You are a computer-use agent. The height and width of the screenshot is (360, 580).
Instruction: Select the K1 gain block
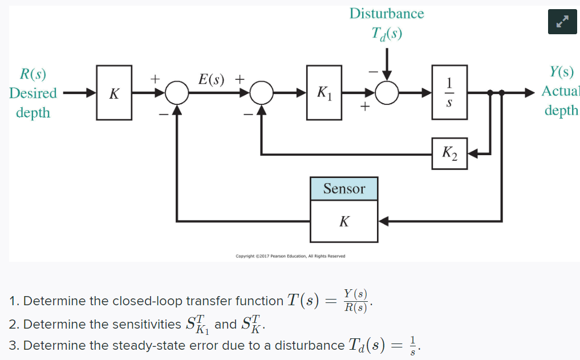click(324, 92)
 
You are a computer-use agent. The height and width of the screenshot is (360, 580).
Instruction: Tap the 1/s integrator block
click(449, 92)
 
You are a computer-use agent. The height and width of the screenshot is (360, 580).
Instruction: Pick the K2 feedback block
click(449, 153)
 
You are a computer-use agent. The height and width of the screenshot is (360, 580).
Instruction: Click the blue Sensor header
click(344, 188)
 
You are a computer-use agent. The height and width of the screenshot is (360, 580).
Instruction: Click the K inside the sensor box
click(344, 221)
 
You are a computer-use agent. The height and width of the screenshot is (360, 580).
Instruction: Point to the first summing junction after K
click(177, 92)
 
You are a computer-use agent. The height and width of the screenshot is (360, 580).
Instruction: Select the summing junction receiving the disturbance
click(387, 92)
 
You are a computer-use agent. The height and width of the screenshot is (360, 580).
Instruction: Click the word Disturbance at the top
click(387, 13)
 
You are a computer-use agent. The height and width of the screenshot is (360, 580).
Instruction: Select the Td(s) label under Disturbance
click(387, 34)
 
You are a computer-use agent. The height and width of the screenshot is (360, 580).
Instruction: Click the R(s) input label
click(33, 74)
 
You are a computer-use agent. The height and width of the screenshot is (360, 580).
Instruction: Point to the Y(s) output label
click(561, 72)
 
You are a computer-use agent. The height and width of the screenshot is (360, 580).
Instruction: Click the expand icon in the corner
click(562, 21)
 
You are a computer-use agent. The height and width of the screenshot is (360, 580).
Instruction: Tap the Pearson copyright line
click(290, 256)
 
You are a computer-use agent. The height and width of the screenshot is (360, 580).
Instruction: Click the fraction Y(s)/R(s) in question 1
click(356, 301)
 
